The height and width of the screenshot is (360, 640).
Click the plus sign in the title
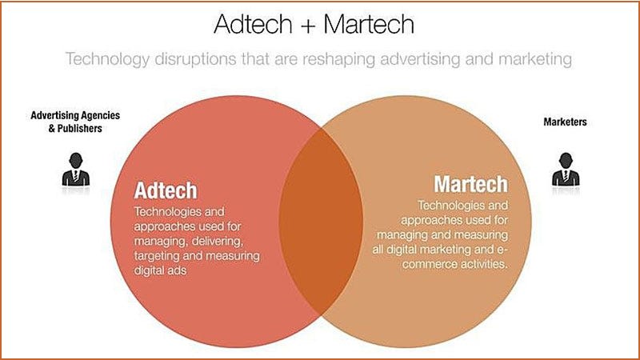pyautogui.click(x=310, y=25)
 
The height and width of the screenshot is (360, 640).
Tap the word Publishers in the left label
pyautogui.click(x=84, y=128)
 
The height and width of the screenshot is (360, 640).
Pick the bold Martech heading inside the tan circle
pyautogui.click(x=470, y=184)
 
